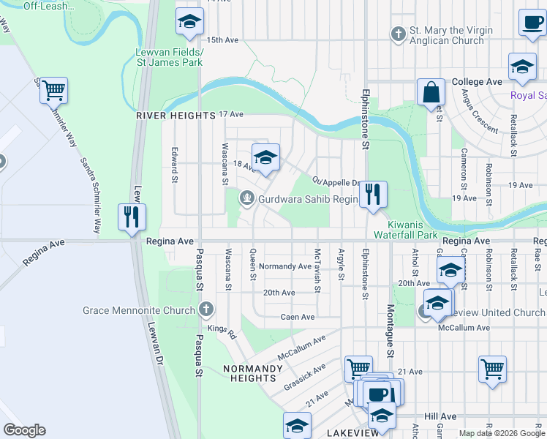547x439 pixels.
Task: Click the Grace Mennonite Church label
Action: (x=139, y=310)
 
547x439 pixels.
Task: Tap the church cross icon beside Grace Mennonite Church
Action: (x=206, y=309)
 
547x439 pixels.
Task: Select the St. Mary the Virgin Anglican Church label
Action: (x=450, y=36)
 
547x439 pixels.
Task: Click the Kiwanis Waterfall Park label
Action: (x=405, y=230)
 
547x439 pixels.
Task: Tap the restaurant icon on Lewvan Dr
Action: (x=132, y=217)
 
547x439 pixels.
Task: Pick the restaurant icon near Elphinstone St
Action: (x=373, y=194)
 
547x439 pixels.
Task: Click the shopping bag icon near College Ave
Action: (x=431, y=92)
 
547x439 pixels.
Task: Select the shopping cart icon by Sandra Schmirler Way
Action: (x=53, y=91)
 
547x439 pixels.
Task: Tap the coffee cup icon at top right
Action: (x=532, y=23)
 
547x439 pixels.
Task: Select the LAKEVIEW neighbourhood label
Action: (x=353, y=432)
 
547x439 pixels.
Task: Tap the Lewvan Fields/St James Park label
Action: (x=169, y=58)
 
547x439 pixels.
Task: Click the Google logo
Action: (x=24, y=430)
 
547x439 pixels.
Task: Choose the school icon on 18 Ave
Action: (x=265, y=157)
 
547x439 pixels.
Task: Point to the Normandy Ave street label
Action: (x=285, y=266)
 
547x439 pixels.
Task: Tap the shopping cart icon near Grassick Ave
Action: (x=358, y=369)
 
